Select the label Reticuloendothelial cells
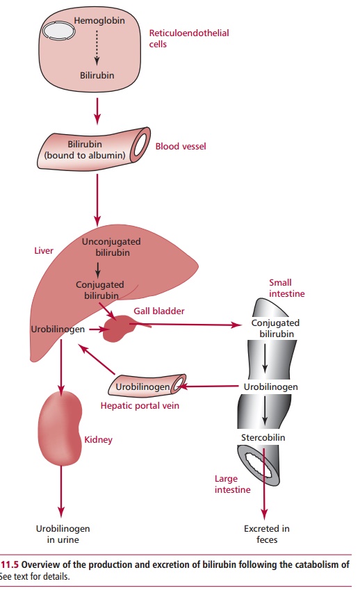tap(179, 39)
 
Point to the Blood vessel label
tap(181, 147)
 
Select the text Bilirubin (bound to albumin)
tap(85, 149)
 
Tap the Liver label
tap(44, 250)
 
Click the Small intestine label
tap(286, 288)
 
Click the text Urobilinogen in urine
tap(63, 534)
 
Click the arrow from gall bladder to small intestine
tap(188, 324)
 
